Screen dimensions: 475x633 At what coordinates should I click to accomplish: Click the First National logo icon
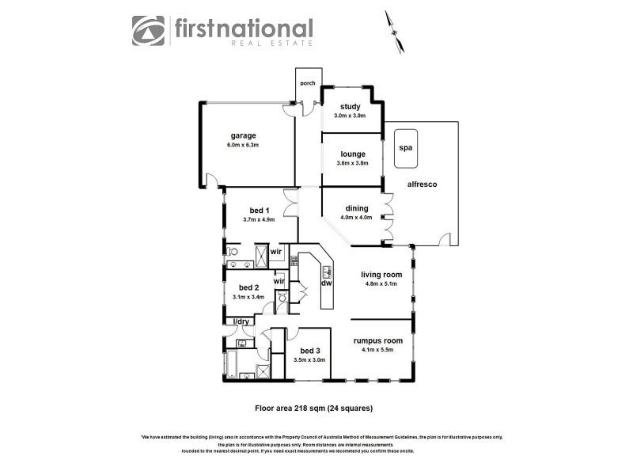coord(150,32)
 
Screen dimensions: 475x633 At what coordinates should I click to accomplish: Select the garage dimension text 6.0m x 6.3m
coord(244,146)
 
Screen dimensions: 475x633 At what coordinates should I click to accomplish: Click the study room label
coord(351,107)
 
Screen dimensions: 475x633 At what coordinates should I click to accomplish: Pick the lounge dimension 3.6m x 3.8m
coord(352,163)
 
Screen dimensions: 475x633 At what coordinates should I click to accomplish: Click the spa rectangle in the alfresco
coord(407,148)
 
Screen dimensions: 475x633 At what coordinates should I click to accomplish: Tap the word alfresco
coord(422,184)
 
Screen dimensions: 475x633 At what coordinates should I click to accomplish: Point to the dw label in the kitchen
coord(325,283)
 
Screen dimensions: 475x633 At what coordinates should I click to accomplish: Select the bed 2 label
coord(248,287)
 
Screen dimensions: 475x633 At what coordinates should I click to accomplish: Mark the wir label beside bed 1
coord(276,253)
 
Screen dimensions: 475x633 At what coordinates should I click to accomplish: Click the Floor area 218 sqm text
coord(313,408)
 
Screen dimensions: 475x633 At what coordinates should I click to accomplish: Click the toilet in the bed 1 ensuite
coord(233,252)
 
